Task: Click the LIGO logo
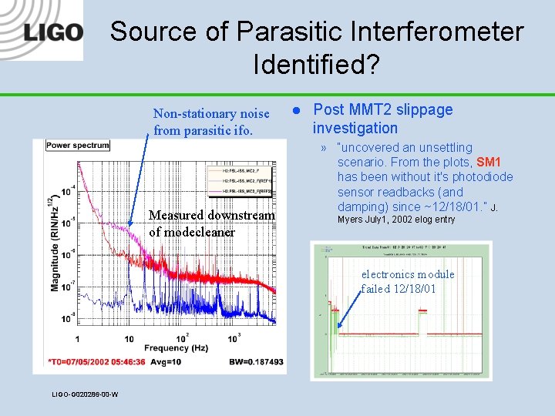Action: click(52, 32)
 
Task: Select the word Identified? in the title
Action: click(316, 65)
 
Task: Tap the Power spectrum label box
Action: click(78, 145)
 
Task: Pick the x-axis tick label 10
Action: click(129, 339)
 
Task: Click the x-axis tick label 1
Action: click(77, 339)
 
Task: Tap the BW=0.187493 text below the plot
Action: click(256, 361)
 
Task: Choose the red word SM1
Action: click(489, 163)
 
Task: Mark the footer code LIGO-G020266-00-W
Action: click(85, 395)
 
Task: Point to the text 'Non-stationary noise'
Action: click(211, 114)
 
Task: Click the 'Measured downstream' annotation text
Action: click(211, 216)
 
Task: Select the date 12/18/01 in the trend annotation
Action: click(417, 289)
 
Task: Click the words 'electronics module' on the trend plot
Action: click(409, 274)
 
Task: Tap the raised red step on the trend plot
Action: click(423, 312)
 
